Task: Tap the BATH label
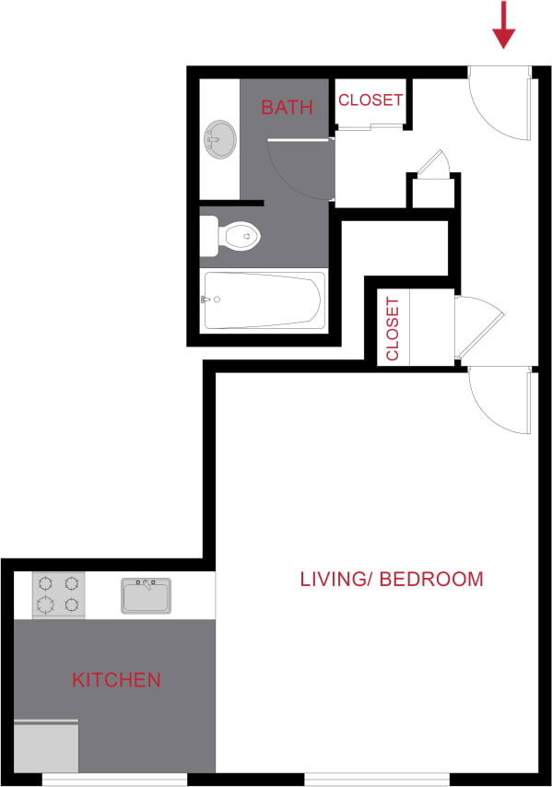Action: click(287, 108)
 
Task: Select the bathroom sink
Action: click(220, 140)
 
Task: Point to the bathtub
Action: click(264, 300)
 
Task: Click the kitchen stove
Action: click(58, 595)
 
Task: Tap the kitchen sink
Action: click(147, 595)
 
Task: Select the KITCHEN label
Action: click(116, 681)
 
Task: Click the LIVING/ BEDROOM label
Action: click(392, 580)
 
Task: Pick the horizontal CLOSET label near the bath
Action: click(370, 100)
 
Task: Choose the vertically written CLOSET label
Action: click(393, 329)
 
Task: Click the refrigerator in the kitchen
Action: click(45, 746)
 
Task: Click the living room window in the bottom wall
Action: click(377, 780)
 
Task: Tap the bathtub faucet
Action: click(208, 300)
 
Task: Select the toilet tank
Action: click(209, 237)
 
